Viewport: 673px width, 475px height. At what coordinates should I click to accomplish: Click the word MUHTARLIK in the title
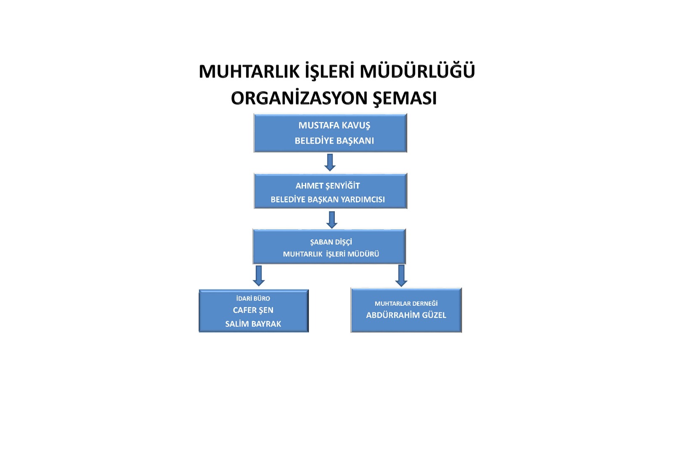coord(249,72)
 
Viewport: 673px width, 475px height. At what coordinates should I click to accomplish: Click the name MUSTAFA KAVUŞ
coord(334,126)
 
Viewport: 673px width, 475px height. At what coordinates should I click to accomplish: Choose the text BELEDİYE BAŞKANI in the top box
coord(334,140)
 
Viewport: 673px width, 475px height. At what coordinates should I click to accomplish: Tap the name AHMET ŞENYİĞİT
coord(328,186)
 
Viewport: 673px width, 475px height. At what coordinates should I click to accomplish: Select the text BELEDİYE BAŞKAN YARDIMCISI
coord(328,199)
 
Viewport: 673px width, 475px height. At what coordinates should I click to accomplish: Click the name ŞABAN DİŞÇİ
coord(331,242)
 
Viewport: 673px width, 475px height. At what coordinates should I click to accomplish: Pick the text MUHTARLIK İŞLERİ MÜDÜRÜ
coord(331,254)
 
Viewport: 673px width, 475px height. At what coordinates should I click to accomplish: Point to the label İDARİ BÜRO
coord(253,298)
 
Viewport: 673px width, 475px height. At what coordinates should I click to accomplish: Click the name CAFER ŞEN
coord(253,310)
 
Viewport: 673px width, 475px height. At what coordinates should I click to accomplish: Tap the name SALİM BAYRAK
coord(253,324)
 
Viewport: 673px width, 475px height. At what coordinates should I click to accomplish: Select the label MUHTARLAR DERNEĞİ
coord(406,303)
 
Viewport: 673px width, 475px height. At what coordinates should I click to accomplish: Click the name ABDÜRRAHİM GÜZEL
coord(406,315)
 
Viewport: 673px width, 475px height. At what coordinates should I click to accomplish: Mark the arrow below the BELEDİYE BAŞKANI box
coord(330,163)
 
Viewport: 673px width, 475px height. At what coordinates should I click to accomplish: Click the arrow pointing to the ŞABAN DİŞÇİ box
coord(332,220)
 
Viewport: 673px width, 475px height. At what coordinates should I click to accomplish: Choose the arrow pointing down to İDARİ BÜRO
coord(258,276)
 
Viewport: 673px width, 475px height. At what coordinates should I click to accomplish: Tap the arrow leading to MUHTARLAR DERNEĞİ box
coord(401,276)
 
